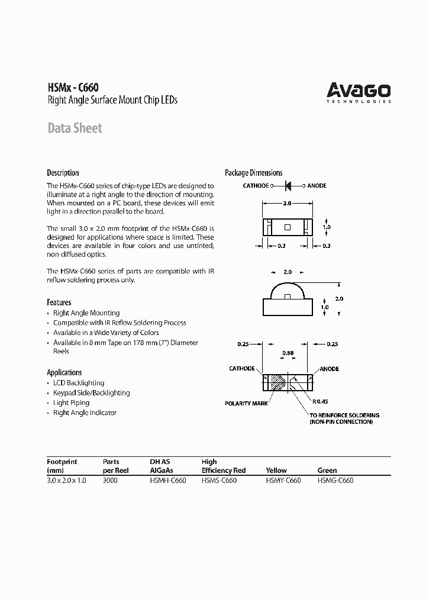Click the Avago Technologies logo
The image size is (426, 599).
[359, 92]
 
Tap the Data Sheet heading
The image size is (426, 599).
[75, 128]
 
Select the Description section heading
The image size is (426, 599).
[63, 173]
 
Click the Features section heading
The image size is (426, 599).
[59, 302]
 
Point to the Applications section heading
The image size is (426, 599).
[64, 372]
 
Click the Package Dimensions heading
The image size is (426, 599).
[253, 173]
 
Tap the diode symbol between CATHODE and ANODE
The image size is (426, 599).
[288, 186]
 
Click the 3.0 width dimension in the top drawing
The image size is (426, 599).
[286, 203]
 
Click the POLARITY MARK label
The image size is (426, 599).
[246, 403]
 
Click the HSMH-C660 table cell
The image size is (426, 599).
[168, 481]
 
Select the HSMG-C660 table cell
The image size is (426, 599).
[335, 481]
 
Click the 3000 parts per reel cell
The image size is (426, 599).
[110, 481]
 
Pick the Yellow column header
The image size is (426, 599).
[276, 470]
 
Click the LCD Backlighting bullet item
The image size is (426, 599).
[79, 383]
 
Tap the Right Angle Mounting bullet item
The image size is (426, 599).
[86, 313]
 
